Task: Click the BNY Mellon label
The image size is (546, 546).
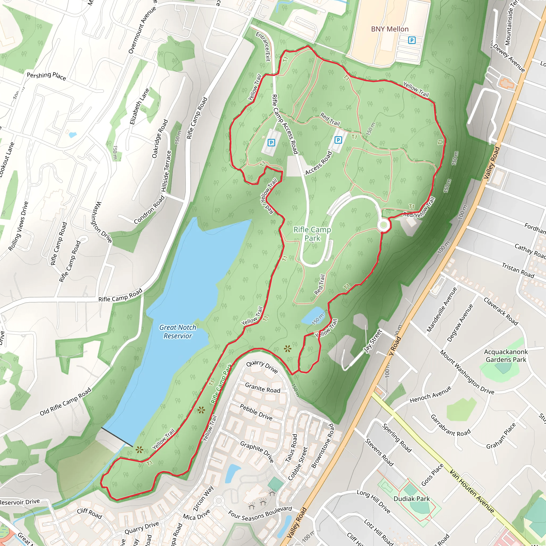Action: (x=390, y=29)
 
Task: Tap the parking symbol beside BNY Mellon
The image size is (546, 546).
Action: (x=412, y=41)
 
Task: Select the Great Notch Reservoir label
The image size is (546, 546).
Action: (x=178, y=331)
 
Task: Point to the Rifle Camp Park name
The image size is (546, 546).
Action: (x=312, y=234)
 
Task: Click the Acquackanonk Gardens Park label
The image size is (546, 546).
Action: (x=505, y=356)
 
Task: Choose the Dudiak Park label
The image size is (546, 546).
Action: (x=411, y=499)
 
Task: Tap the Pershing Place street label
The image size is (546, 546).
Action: (x=46, y=76)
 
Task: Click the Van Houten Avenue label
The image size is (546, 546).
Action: (x=472, y=491)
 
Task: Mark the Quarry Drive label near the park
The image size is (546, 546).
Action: (x=262, y=367)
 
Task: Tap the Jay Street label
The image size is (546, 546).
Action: (x=373, y=341)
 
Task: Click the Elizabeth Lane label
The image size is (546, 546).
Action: (x=139, y=106)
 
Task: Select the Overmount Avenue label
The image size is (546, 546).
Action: (x=142, y=30)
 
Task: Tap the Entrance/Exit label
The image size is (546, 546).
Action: (x=263, y=47)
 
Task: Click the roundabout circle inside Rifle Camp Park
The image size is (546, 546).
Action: (x=383, y=225)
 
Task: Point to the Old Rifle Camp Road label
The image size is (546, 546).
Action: (x=66, y=402)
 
